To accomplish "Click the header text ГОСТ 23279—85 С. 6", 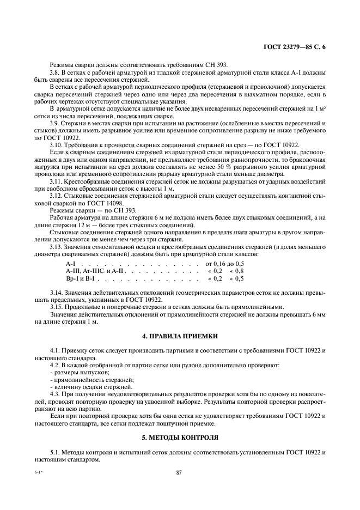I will pyautogui.click(x=295, y=47).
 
